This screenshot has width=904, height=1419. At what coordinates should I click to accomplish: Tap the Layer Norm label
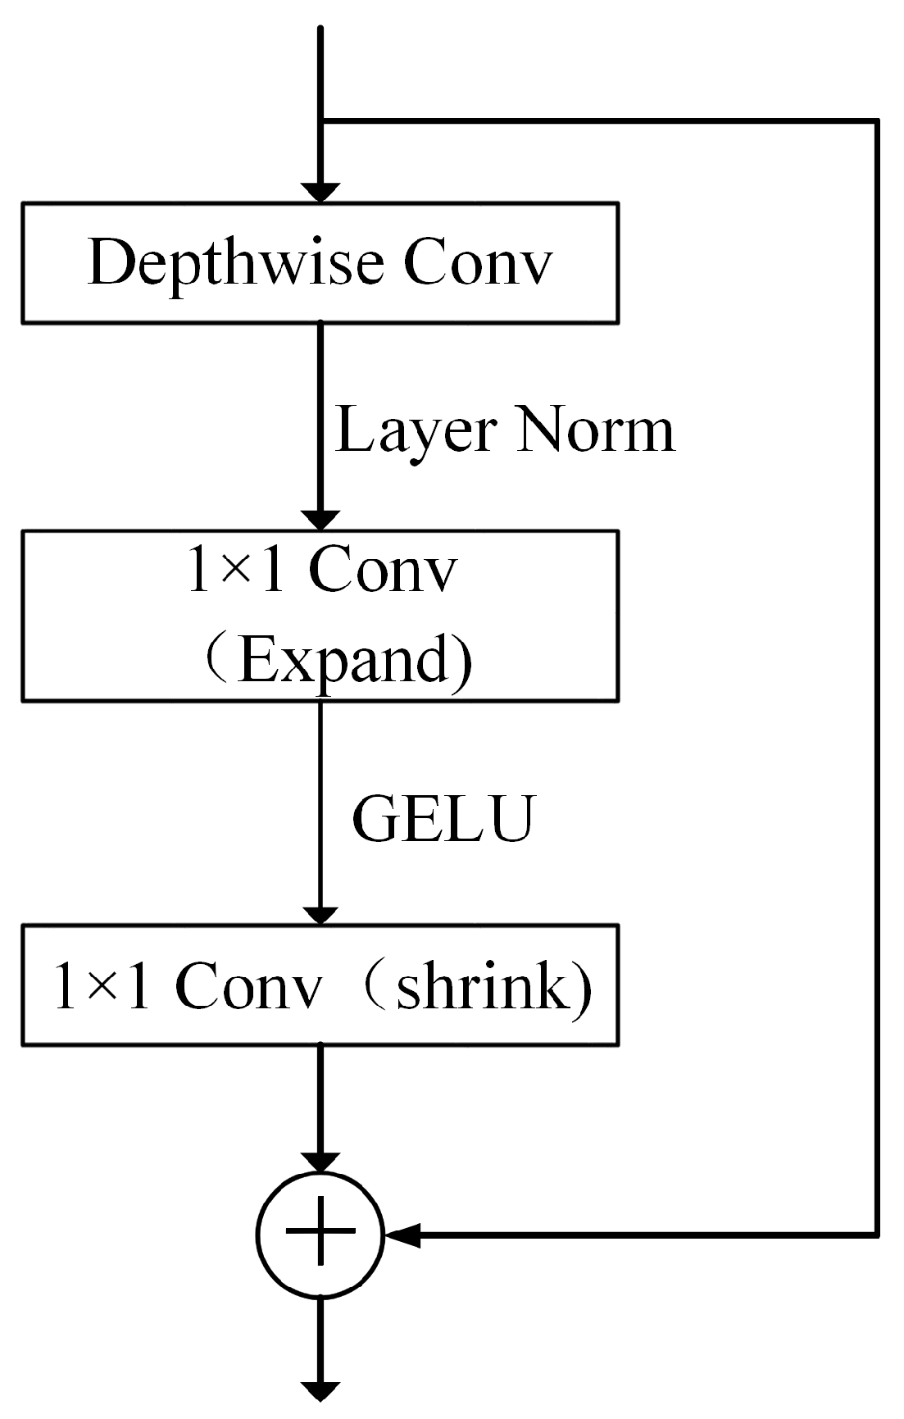click(x=504, y=430)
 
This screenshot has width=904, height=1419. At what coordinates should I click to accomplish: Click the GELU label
click(x=443, y=817)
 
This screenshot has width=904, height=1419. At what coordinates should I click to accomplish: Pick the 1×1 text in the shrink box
click(x=102, y=985)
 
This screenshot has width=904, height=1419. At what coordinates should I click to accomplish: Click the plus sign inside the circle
click(x=320, y=1232)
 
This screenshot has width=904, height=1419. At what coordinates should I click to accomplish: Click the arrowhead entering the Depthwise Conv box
click(x=320, y=192)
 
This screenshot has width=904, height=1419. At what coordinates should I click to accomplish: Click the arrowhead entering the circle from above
click(x=320, y=1162)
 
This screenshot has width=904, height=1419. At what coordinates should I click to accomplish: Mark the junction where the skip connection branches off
click(x=320, y=122)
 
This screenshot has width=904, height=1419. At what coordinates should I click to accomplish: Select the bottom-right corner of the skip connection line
click(x=876, y=1233)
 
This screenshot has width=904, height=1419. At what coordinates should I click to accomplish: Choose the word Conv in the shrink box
click(x=247, y=985)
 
